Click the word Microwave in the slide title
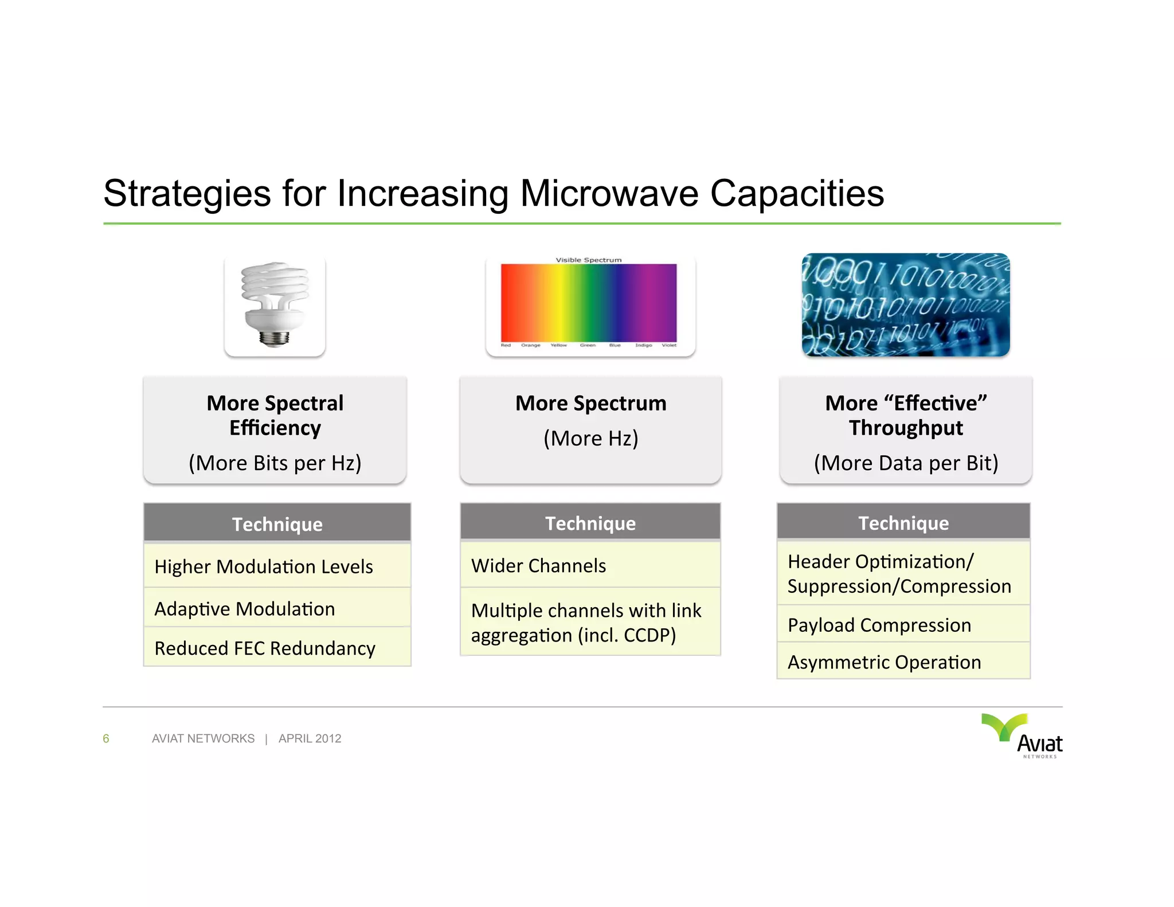point(609,194)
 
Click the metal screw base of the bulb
point(274,338)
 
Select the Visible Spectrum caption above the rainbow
point(588,260)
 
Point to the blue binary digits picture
point(906,305)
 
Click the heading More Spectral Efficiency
point(275,415)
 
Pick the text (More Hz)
point(590,439)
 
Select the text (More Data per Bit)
point(906,463)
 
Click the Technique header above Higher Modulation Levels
point(277,524)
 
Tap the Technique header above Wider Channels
point(590,523)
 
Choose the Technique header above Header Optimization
point(903,523)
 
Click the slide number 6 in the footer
point(106,738)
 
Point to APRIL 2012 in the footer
point(310,738)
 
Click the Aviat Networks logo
point(1023,736)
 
